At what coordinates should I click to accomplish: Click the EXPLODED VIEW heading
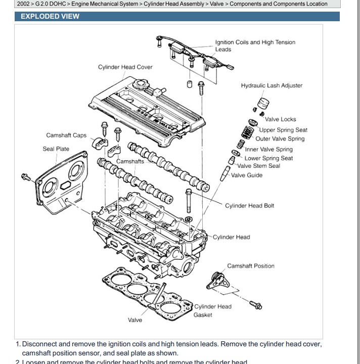tap(50, 16)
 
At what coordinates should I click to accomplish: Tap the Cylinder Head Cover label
tap(125, 67)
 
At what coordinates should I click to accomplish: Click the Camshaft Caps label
tap(66, 135)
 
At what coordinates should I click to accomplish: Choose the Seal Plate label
tap(56, 149)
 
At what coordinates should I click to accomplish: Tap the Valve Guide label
tap(247, 175)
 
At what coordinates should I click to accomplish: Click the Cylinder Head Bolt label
tap(249, 206)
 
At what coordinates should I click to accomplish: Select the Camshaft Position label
tap(251, 266)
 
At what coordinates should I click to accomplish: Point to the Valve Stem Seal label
tap(258, 166)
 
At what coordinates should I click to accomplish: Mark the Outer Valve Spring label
tap(280, 139)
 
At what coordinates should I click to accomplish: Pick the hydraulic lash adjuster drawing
tap(263, 104)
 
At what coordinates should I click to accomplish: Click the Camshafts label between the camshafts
tap(130, 162)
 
